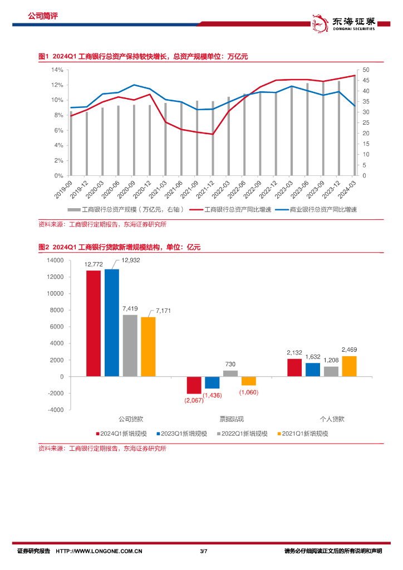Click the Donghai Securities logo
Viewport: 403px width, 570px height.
click(x=343, y=22)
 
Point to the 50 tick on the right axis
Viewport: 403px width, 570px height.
click(x=366, y=70)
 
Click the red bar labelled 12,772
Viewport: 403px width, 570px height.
click(x=94, y=323)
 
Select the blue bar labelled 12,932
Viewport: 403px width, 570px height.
click(x=112, y=322)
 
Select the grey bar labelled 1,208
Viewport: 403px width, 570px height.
click(x=331, y=371)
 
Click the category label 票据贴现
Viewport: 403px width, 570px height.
click(x=221, y=418)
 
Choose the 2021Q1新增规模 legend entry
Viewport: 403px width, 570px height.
click(x=303, y=433)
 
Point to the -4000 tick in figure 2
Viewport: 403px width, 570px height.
click(x=55, y=410)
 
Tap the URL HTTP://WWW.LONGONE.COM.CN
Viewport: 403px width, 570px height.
click(x=100, y=551)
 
